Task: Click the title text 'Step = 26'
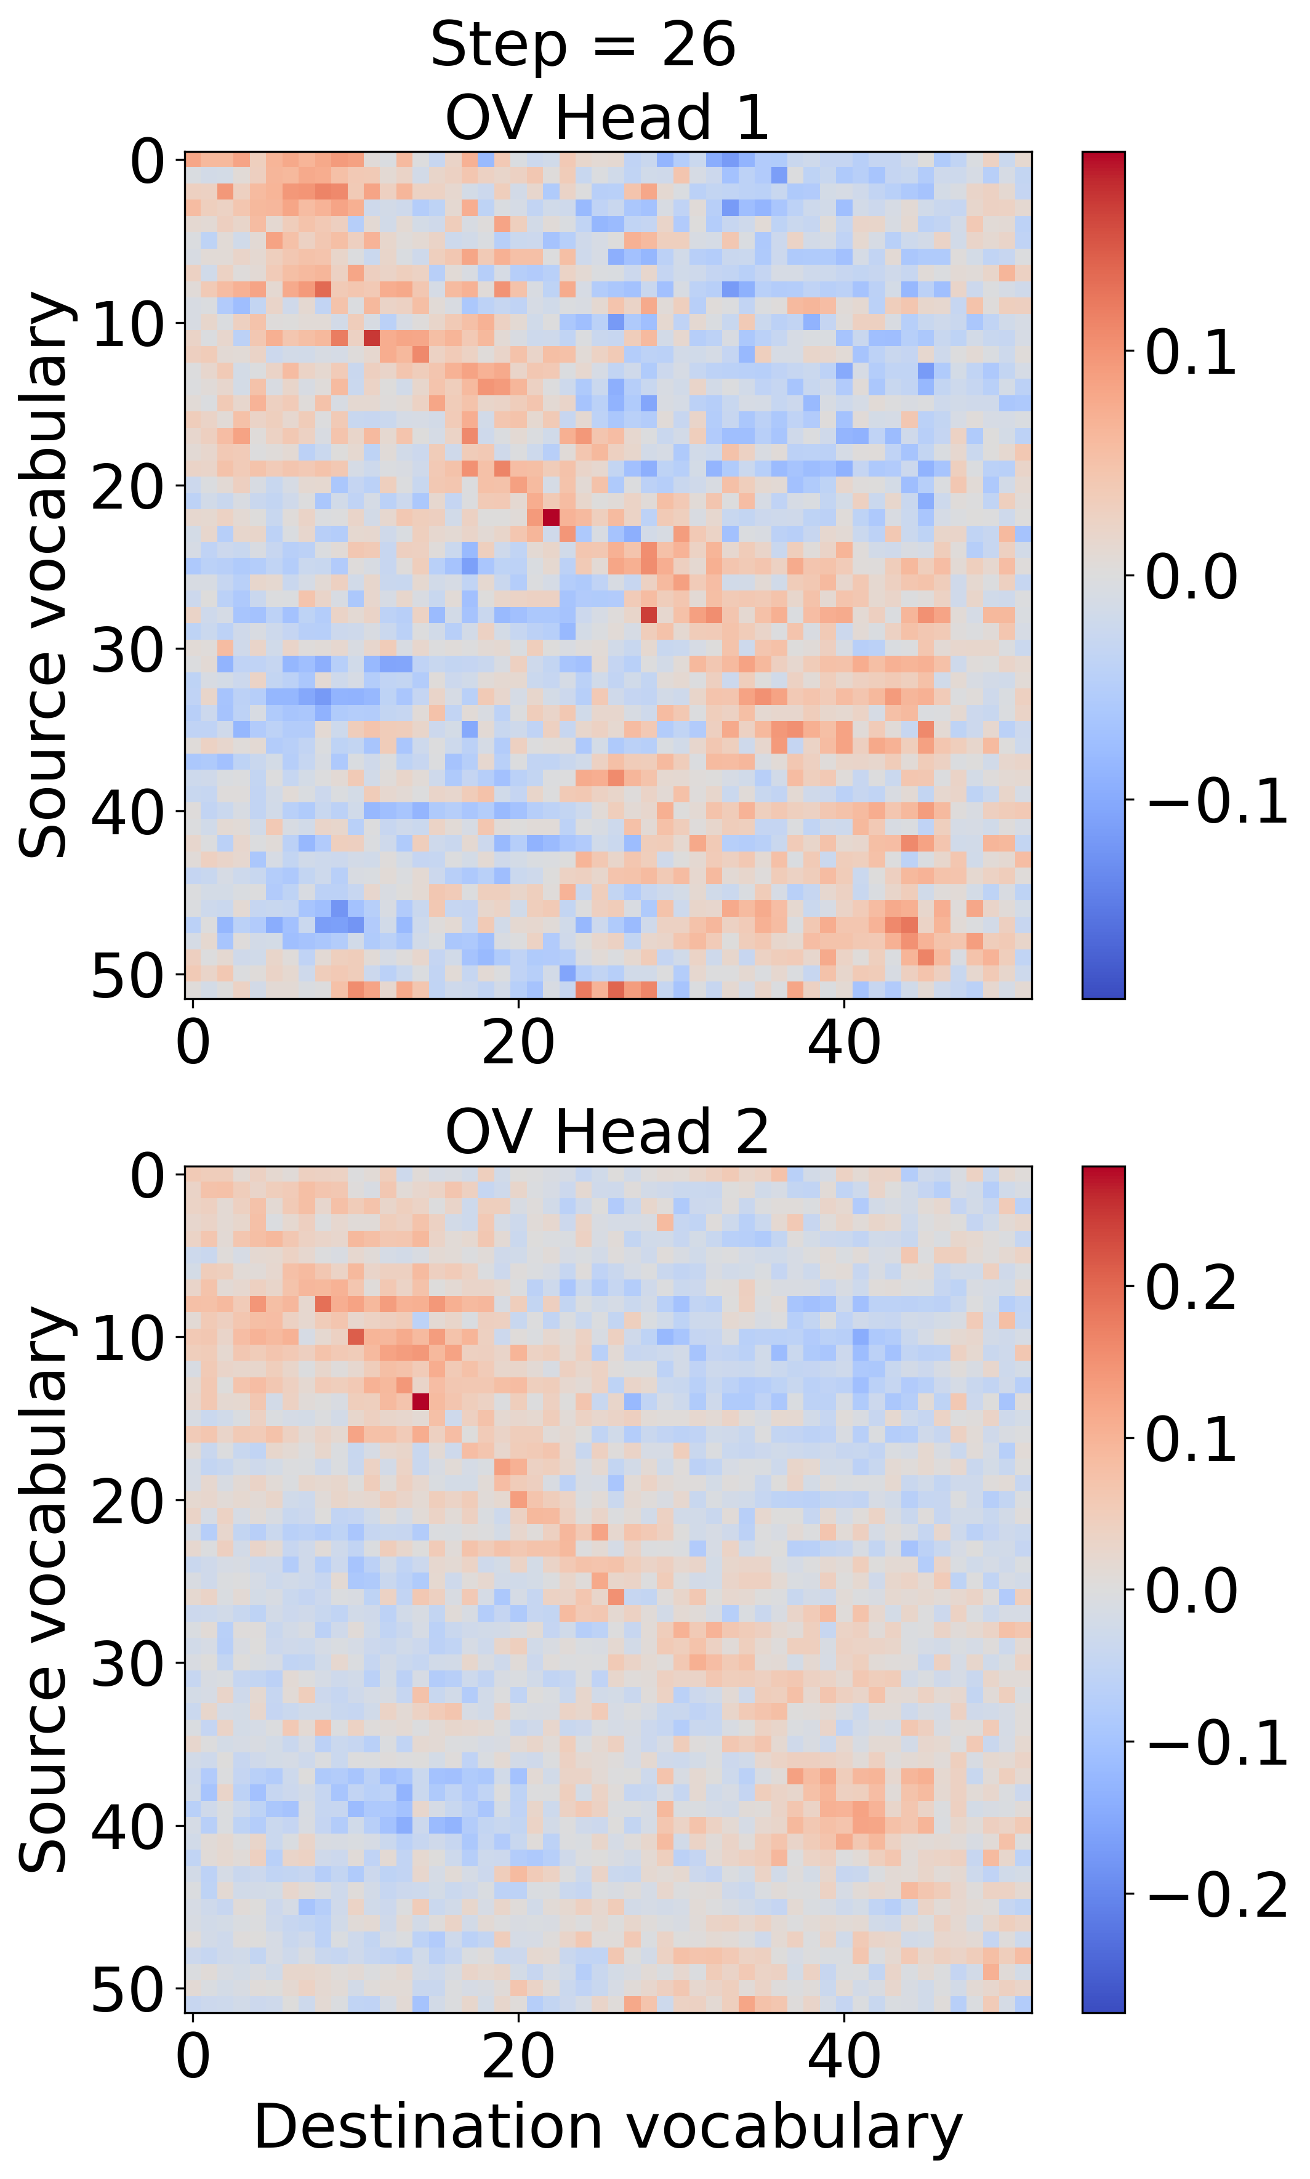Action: [582, 46]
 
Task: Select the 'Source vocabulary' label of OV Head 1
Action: [44, 575]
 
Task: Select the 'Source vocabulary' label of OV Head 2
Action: [44, 1589]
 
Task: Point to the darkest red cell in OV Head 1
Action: [551, 517]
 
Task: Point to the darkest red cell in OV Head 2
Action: [421, 1401]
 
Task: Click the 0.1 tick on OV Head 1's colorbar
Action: [1190, 352]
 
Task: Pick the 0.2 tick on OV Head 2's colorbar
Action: [1190, 1288]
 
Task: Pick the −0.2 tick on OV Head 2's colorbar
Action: [1216, 1893]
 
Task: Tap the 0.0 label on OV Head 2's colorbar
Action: [1190, 1591]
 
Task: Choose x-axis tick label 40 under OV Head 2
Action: [844, 2057]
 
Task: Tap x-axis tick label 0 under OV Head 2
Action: [193, 2057]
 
